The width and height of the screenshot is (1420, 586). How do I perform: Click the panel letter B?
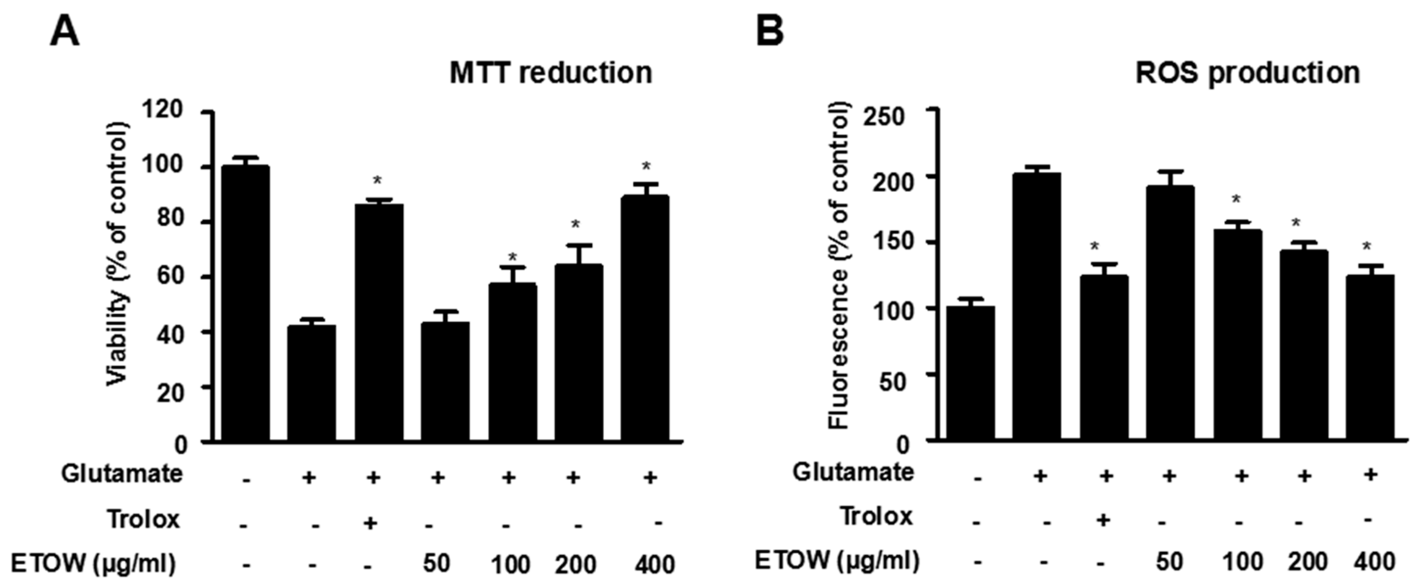pos(770,32)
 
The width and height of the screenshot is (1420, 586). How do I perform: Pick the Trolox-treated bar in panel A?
pos(379,322)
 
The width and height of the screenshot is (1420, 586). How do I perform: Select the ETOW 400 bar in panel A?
pos(645,318)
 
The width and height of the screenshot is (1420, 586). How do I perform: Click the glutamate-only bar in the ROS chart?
pos(1036,306)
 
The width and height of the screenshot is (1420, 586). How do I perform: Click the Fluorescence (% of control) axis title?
pos(840,265)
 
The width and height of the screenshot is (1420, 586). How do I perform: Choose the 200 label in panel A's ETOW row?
pos(575,564)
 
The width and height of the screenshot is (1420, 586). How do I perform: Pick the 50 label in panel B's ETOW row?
pos(1169,562)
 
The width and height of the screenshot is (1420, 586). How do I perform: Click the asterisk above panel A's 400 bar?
pos(646,166)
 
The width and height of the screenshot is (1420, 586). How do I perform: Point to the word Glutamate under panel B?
pos(853,472)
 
